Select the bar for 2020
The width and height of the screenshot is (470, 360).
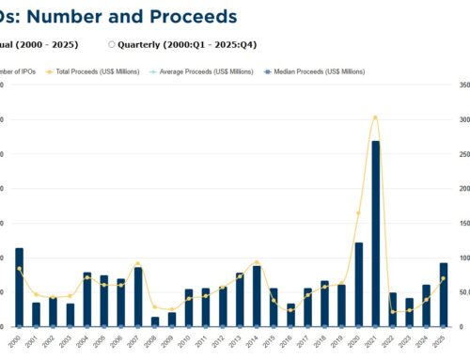(358, 284)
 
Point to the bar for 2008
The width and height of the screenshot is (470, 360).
(155, 321)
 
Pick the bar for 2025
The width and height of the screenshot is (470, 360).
(443, 294)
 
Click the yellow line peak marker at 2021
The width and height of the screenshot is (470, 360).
(375, 117)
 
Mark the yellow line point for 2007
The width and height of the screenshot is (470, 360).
(138, 264)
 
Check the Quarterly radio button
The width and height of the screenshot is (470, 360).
(112, 44)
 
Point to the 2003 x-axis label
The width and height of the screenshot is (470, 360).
(68, 341)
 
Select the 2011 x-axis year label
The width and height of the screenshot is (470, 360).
(204, 341)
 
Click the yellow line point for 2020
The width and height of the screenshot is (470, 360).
(358, 213)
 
